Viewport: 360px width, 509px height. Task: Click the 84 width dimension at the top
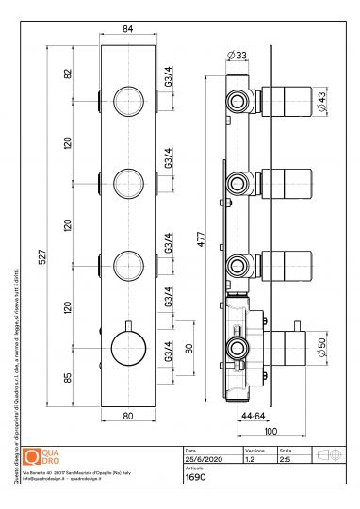pyautogui.click(x=127, y=28)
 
